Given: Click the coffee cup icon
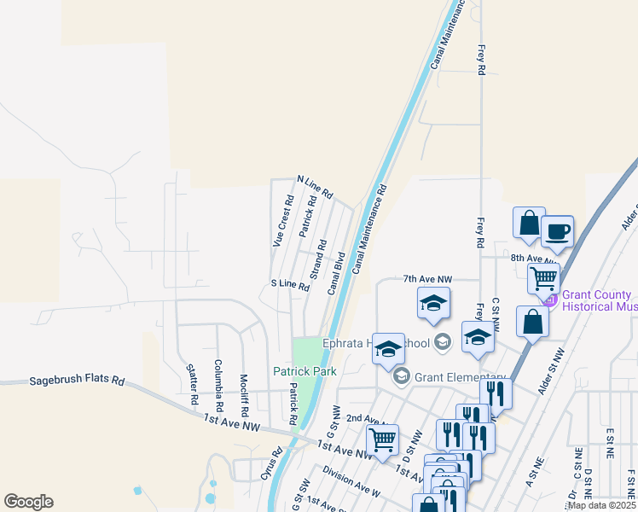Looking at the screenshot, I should tap(557, 231).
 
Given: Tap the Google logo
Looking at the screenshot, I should tap(28, 502).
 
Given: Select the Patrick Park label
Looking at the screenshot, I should tap(304, 371).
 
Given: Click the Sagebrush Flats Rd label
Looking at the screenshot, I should tap(77, 381).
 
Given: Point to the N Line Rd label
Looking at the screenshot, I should tap(314, 186).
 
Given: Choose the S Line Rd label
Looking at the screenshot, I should tap(289, 284).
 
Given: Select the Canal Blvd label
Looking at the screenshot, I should tap(336, 272).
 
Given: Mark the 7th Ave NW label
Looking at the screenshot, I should tap(426, 279).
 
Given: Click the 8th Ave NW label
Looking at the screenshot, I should tap(534, 257).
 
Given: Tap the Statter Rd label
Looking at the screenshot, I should tap(192, 384).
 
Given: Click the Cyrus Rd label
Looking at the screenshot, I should tap(271, 464).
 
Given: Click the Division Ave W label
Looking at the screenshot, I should tap(351, 480).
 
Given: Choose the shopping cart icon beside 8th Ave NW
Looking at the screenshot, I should tap(543, 277).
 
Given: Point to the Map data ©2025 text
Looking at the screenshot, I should tap(600, 505).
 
